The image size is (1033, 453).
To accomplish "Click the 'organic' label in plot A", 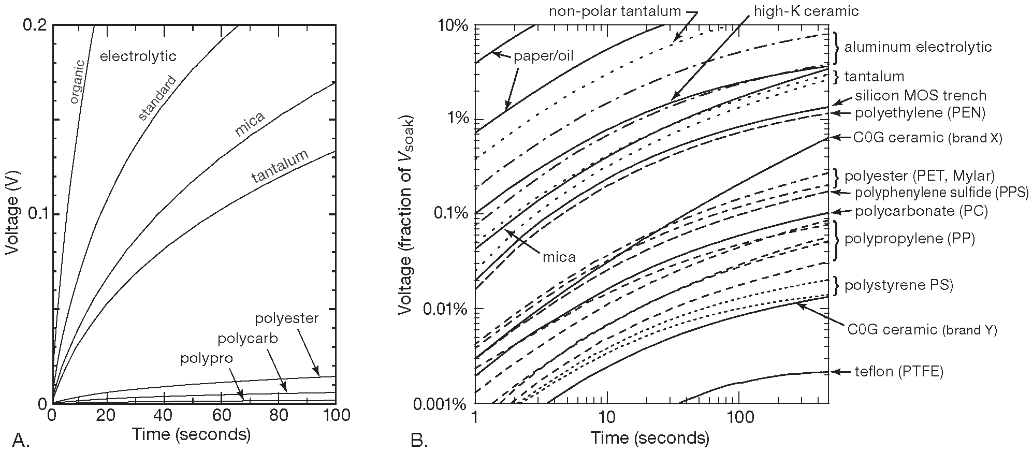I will click(77, 82).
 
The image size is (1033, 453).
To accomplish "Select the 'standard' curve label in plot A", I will click(158, 98).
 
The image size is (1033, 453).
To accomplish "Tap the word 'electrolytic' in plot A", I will click(138, 56).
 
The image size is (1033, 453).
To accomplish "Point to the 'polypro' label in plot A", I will click(207, 358).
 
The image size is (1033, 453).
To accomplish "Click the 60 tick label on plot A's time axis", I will click(222, 415).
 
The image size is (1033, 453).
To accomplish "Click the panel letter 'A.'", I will click(20, 440).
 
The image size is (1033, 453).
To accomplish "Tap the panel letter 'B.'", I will click(419, 440).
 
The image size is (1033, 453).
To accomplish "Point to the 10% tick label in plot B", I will click(453, 25).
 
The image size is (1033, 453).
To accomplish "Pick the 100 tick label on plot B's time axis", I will click(738, 415).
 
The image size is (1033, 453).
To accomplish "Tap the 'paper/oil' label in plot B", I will click(544, 56).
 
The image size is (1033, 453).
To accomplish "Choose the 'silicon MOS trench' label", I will click(921, 95).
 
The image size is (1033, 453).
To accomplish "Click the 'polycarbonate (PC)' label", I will click(921, 211).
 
